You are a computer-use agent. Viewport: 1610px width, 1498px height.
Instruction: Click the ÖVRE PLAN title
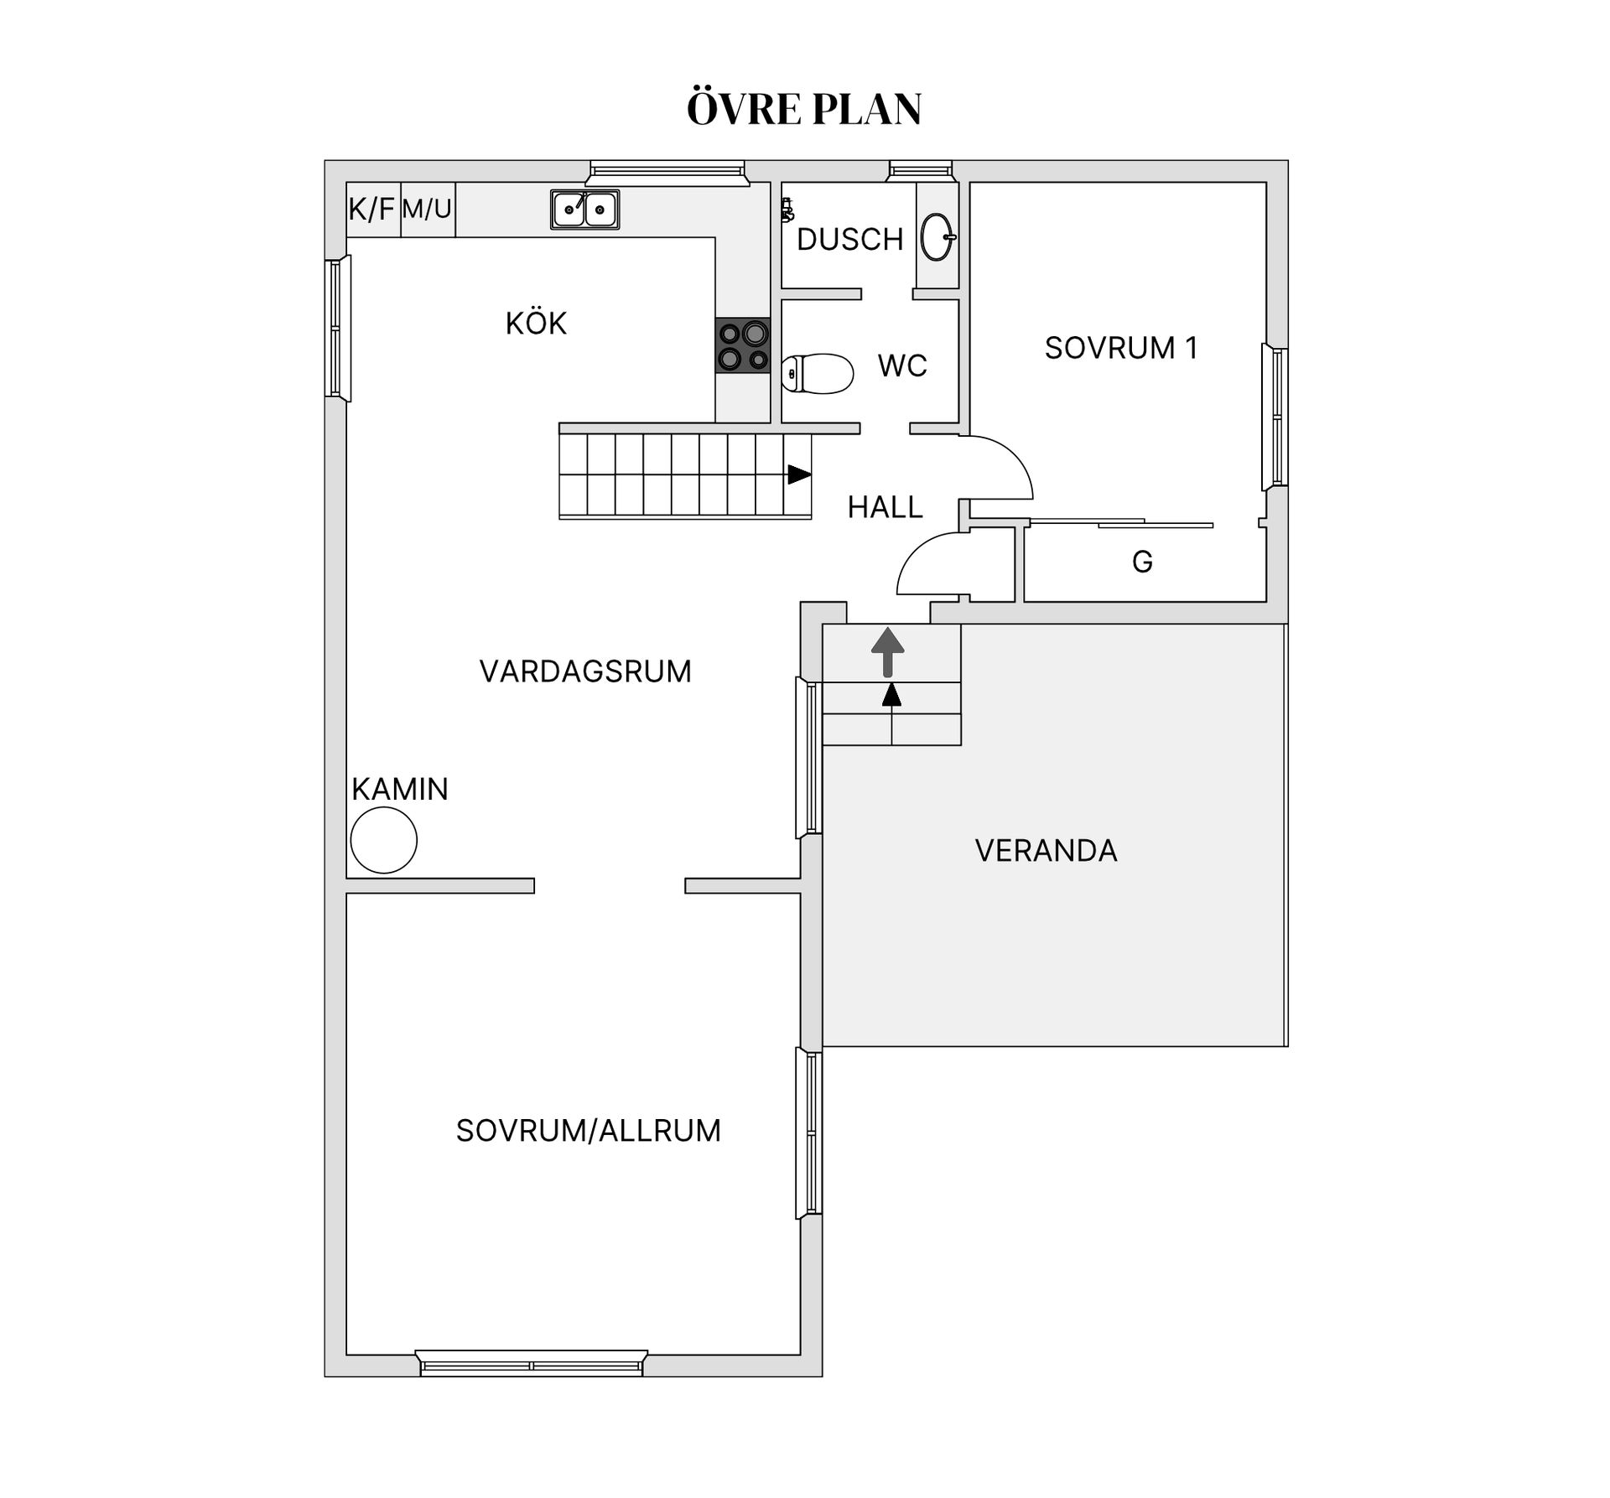click(804, 108)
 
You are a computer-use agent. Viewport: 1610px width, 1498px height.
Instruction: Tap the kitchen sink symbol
click(584, 210)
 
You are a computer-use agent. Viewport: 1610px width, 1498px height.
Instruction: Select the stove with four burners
click(742, 345)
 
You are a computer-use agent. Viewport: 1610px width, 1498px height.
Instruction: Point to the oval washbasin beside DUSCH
click(937, 237)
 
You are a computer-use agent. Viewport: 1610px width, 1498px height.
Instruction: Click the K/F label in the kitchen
click(371, 209)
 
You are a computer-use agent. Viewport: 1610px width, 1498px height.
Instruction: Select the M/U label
click(427, 208)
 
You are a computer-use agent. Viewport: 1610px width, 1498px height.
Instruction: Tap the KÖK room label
click(536, 323)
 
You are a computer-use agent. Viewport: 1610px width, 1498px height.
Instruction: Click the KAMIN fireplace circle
click(384, 841)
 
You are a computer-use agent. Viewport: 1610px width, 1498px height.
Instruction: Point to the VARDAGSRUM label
click(585, 671)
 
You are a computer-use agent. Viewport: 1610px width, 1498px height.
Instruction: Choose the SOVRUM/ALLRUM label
click(588, 1131)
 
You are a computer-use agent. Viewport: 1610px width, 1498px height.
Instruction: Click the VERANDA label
click(1046, 851)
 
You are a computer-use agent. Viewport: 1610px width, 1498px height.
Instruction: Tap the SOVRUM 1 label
click(1121, 348)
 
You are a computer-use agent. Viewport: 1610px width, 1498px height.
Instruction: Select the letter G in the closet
click(1142, 562)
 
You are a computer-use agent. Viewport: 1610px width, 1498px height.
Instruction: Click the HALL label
click(885, 507)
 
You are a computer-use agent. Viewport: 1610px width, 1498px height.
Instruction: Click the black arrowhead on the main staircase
click(799, 475)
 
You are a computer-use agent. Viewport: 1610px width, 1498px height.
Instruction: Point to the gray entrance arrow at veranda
click(888, 653)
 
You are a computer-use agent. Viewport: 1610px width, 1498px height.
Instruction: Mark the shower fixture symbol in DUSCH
click(787, 210)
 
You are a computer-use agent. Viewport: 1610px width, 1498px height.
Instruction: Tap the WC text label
click(902, 366)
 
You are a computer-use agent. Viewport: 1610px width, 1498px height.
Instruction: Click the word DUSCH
click(849, 240)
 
